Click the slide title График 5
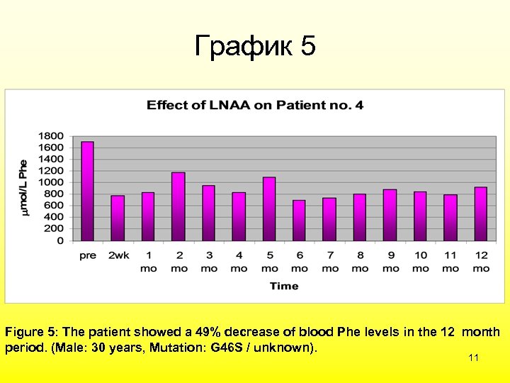(255, 46)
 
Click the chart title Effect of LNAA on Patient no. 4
(255, 105)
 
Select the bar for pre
(88, 191)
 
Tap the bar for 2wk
(118, 218)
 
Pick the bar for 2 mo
(178, 206)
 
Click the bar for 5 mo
(269, 209)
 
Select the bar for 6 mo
(299, 221)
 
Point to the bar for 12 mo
(481, 213)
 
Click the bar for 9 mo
(390, 215)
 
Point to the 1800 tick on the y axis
(50, 136)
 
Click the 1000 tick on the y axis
(50, 182)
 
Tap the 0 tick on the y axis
(59, 240)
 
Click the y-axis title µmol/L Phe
(23, 188)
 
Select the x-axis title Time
(283, 286)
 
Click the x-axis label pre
(88, 255)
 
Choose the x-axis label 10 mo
(421, 262)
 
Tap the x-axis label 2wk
(118, 255)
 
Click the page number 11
(474, 358)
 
